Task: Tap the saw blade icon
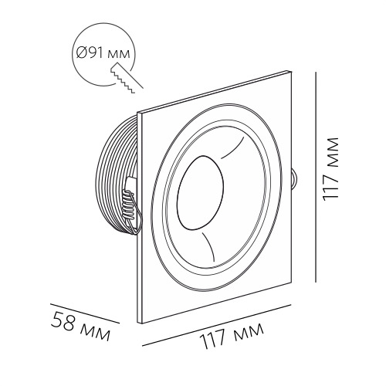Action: coord(127,78)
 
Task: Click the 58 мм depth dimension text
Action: coord(81,325)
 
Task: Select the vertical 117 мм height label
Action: coord(330,169)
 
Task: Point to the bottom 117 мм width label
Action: coord(232,334)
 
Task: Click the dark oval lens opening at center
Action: coord(200,192)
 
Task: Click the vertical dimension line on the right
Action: coord(316,178)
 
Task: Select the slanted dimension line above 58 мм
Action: coord(85,313)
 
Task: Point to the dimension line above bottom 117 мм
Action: coord(217,325)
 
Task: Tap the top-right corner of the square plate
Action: coord(292,71)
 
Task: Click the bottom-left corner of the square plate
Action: coord(137,323)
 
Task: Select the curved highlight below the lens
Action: coord(210,245)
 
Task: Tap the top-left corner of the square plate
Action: coord(138,113)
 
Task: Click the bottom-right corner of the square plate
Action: coord(291,283)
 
